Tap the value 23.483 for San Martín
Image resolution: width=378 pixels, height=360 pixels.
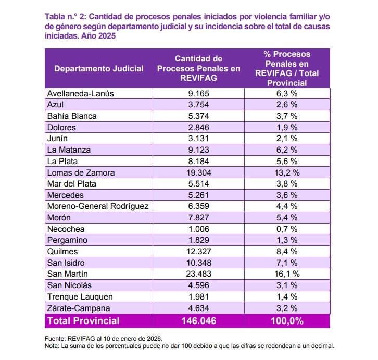tap(198, 274)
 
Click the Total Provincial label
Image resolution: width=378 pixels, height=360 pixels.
tap(83, 321)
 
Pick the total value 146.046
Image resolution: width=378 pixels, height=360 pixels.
tap(198, 321)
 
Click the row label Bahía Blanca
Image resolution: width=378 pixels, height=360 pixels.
tap(72, 116)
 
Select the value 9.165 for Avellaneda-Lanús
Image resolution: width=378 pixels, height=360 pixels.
tap(198, 94)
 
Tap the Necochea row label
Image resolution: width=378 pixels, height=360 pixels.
tap(66, 229)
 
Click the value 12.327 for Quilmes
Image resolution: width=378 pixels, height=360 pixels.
tap(198, 252)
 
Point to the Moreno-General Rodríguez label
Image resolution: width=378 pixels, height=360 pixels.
tap(98, 206)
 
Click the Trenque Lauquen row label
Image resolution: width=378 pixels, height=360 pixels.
tap(80, 296)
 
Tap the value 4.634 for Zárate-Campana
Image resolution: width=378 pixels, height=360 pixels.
tap(198, 308)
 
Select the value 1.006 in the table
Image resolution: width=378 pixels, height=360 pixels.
tap(198, 229)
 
